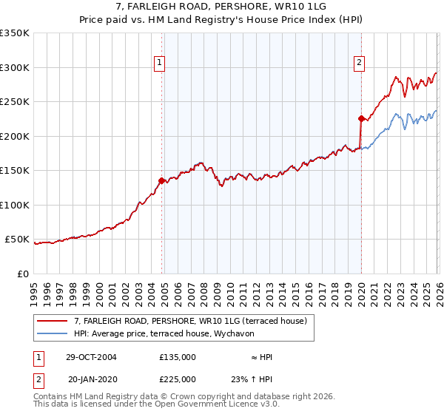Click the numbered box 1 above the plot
(x=159, y=64)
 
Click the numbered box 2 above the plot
(x=359, y=64)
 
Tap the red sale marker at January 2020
(x=361, y=118)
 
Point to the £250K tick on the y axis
(x=16, y=102)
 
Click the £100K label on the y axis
(x=16, y=206)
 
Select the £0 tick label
(x=22, y=274)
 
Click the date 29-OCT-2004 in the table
(x=91, y=357)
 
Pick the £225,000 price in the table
(x=178, y=379)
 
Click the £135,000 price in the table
(x=178, y=357)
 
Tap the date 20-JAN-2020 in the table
(x=91, y=379)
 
